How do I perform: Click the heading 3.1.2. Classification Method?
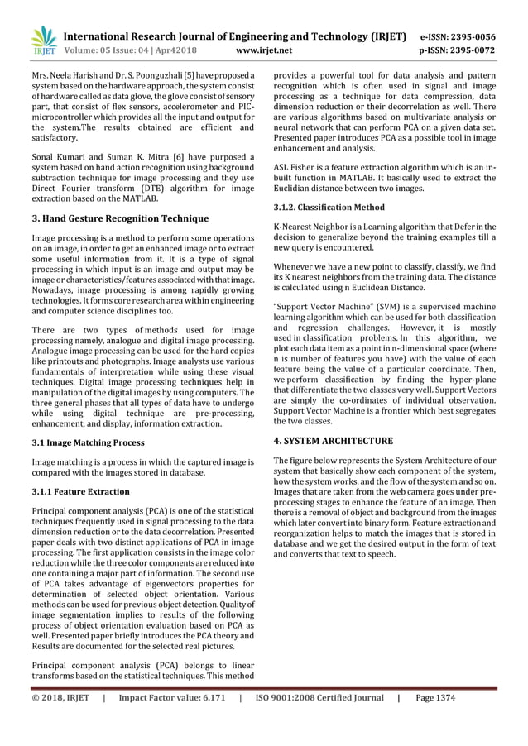329,207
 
